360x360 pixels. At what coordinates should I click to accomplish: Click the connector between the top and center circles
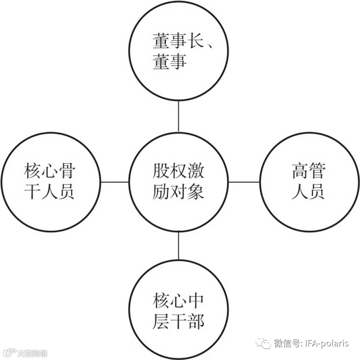[178, 116]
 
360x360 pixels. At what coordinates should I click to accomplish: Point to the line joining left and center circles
[114, 182]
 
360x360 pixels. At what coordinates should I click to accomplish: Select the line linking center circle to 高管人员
[244, 182]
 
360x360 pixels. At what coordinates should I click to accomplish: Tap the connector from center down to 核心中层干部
[178, 246]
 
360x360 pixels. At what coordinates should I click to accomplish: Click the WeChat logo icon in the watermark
[263, 343]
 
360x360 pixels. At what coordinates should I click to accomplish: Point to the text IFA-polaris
[327, 343]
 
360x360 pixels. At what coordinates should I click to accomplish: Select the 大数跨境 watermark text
[32, 353]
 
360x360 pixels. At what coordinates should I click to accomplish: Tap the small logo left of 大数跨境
[10, 353]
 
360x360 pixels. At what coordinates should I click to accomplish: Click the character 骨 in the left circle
[67, 171]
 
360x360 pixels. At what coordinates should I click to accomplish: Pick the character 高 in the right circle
[300, 171]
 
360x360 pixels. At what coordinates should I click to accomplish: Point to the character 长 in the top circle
[196, 41]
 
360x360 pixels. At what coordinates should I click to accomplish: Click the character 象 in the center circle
[196, 192]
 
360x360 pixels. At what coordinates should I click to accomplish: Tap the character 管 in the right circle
[318, 171]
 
